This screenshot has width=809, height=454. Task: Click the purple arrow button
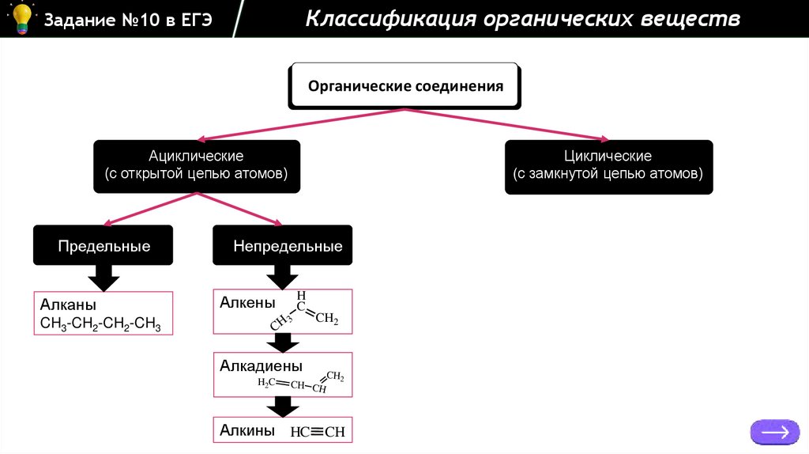[x=774, y=432]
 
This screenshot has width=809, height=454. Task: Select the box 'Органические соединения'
[x=405, y=86]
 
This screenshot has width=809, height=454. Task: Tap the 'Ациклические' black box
[x=196, y=165]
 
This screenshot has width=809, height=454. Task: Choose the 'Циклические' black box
[x=608, y=165]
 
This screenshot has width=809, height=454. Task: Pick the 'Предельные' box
[x=103, y=246]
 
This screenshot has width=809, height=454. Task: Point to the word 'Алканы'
[x=68, y=305]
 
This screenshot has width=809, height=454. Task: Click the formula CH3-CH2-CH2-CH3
[x=100, y=323]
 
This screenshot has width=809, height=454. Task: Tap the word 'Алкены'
[x=247, y=303]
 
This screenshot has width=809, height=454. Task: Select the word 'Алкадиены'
[x=262, y=366]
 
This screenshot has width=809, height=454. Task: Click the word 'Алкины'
[x=247, y=431]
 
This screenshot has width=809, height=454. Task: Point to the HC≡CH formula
[x=318, y=432]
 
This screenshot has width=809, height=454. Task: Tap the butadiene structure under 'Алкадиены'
[x=301, y=382]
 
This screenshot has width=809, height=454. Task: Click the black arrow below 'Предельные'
[x=103, y=278]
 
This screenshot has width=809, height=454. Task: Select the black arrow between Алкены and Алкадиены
[x=282, y=343]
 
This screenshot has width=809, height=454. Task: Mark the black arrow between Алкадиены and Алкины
[x=282, y=407]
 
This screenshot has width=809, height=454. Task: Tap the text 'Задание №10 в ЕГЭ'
[x=128, y=20]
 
